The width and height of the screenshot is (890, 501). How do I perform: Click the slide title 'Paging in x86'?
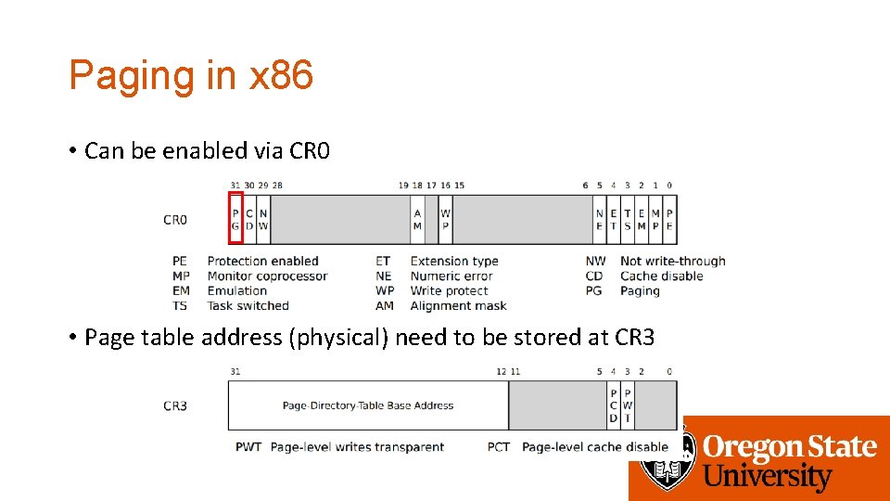191,75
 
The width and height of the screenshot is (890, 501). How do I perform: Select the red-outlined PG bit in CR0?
235,219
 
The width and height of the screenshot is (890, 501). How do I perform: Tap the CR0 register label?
175,220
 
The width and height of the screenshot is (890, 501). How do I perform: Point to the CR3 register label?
175,405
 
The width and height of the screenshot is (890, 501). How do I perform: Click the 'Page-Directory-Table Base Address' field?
368,405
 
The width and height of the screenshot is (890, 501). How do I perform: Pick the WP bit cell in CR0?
446,219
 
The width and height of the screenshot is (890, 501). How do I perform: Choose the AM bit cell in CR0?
417,219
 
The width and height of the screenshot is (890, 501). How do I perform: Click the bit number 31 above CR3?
235,371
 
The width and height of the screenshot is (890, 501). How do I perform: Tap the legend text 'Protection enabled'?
262,261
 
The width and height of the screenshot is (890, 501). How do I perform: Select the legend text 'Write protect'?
449,290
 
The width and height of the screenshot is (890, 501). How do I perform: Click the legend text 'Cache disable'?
661,276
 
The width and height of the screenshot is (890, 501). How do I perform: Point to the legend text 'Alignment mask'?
458,305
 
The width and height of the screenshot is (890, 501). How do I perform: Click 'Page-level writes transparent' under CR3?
357,446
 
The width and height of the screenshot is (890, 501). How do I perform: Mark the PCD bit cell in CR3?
613,405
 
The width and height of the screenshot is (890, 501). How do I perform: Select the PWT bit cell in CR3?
628,405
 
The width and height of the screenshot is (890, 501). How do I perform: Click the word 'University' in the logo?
768,477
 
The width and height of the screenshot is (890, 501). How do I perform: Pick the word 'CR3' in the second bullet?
634,337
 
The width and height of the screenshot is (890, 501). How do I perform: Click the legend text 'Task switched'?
248,305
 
